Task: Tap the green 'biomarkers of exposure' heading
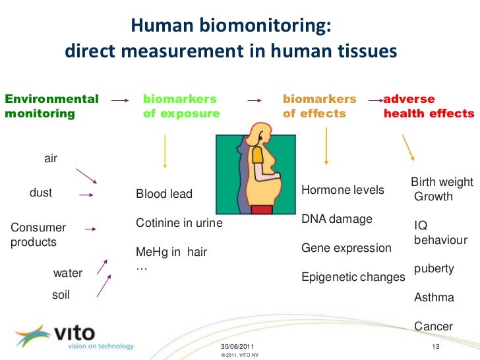pos(181,106)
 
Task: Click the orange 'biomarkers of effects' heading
pos(319,106)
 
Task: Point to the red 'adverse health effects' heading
pos(429,106)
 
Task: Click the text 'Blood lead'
pos(164,194)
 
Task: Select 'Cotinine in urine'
pos(179,224)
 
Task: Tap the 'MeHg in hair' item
pos(171,252)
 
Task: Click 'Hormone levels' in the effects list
pos(342,190)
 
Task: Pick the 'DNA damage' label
pos(336,219)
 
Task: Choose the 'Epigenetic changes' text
pos(353,278)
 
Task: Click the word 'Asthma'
pos(434,297)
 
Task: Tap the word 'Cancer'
pos(433,326)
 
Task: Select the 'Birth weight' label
pos(442,182)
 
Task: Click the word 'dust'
pos(41,193)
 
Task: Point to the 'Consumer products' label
pos(38,235)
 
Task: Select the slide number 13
pos(435,347)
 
